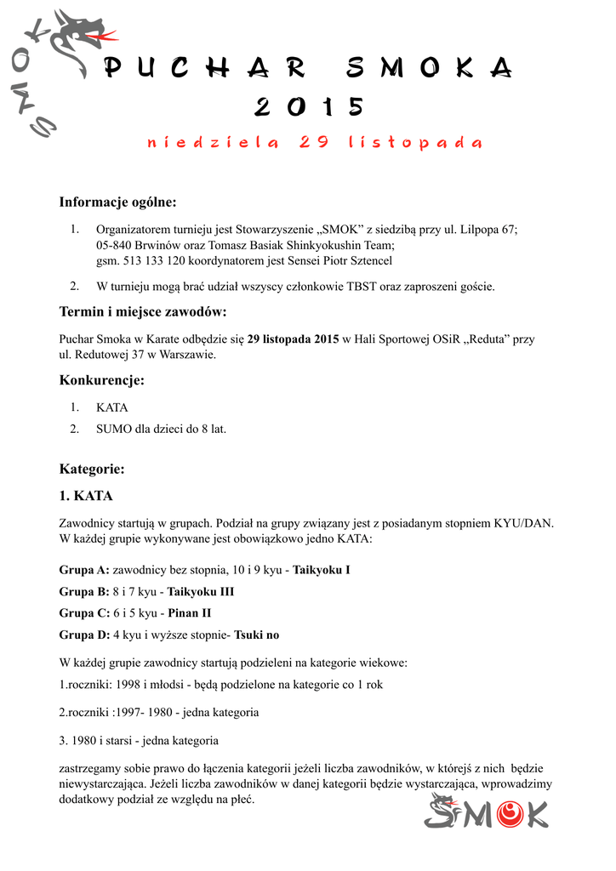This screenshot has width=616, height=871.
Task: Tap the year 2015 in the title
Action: coord(309,107)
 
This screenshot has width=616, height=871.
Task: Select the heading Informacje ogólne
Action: coord(117,202)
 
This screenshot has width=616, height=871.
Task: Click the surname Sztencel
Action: coord(368,260)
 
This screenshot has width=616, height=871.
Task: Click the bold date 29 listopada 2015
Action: coord(293,339)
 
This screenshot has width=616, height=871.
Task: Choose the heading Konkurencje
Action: coord(101,380)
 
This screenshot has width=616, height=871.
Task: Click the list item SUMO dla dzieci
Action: coord(161,429)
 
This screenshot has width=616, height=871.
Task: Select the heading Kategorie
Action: coord(92,469)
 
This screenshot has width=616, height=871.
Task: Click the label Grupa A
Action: coord(84,569)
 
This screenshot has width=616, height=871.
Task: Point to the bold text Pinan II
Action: coord(189,612)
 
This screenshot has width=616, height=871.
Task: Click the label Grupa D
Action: coord(84,635)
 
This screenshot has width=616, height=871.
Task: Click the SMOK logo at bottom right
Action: coord(487,811)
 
